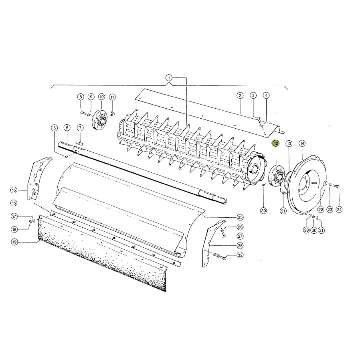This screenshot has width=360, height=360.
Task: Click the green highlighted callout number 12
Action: (275, 144)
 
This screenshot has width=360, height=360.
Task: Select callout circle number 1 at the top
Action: (169, 78)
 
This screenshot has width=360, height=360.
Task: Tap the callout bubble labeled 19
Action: (14, 242)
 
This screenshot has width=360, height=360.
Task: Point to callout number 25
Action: (240, 217)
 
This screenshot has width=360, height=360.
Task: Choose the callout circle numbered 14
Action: (302, 144)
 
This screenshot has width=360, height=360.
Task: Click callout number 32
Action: (240, 255)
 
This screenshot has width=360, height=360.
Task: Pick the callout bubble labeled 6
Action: (67, 127)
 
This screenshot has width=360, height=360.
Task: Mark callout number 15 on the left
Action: (14, 190)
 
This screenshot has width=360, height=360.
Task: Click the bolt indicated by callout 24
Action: (337, 186)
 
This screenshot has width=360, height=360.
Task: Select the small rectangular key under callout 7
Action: (79, 143)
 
